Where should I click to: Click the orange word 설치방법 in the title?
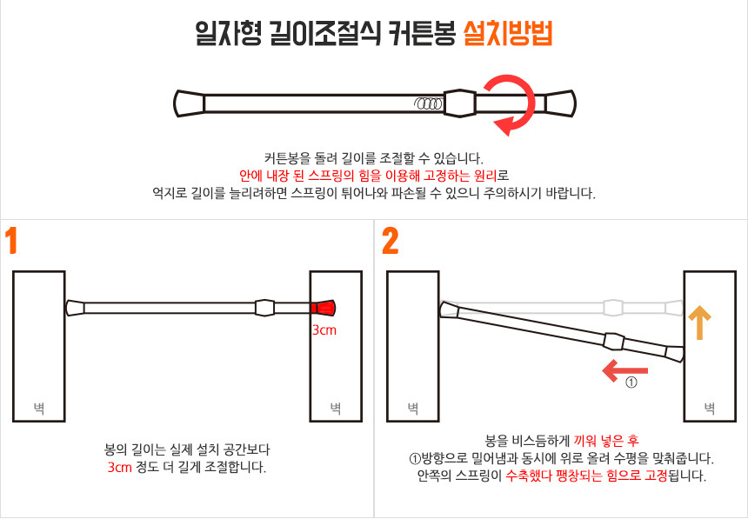pos(508,34)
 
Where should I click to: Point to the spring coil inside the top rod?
pos(428,103)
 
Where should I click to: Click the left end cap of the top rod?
pos(189,103)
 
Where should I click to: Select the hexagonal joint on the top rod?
pos(460,103)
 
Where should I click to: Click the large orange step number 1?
pos(11,242)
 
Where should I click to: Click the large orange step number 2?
pos(391,242)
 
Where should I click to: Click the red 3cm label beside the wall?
pos(324,329)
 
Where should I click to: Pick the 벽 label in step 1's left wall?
pos(38,408)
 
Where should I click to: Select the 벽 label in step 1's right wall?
pos(336,408)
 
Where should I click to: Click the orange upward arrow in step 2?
pos(700,322)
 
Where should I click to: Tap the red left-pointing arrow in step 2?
pos(624,370)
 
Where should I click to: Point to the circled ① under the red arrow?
pos(631,383)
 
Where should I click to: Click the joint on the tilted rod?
pos(614,342)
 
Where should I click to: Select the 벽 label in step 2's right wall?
pos(710,408)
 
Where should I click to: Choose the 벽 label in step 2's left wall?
pos(412,408)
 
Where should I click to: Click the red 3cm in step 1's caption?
pos(120,467)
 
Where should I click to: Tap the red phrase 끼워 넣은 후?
pos(606,440)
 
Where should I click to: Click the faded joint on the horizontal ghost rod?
pos(613,308)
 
